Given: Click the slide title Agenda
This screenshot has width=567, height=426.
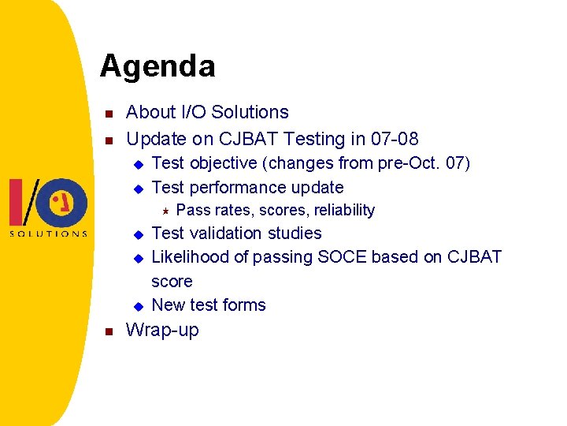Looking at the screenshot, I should [157, 65].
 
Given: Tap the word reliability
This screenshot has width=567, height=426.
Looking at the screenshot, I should [344, 210].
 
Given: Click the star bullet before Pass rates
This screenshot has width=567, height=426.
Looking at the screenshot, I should [165, 210].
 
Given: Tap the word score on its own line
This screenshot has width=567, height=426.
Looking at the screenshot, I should [172, 281].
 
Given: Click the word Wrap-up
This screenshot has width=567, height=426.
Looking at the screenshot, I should [162, 330].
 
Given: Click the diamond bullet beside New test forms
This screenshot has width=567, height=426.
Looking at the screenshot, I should [138, 305].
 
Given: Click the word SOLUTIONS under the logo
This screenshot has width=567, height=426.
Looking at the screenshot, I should [48, 234].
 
